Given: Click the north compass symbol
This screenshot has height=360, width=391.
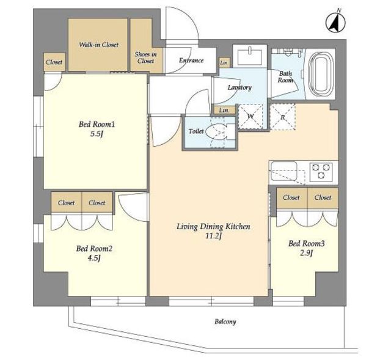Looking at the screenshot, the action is tap(335, 23).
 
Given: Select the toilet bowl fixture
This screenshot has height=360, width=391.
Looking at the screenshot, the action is tap(217, 131).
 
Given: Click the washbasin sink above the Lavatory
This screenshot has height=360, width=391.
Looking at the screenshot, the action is tap(250, 57).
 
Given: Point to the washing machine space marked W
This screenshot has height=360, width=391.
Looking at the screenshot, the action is tap(250, 117).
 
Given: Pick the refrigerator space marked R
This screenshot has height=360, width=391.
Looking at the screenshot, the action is tap(282, 117).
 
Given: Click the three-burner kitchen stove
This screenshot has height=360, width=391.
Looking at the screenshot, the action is tap(321, 172).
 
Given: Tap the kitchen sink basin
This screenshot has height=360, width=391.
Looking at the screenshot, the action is tap(284, 171).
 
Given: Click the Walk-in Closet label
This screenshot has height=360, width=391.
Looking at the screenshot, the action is tap(98, 45).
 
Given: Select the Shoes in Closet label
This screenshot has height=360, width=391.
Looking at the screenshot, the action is tap(145, 57).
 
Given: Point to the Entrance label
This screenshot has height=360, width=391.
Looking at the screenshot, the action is tap(191, 61).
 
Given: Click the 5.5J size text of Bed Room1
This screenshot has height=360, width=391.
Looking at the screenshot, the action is tap(97, 134).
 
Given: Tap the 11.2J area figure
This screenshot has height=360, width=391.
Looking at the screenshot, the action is tap(213, 237).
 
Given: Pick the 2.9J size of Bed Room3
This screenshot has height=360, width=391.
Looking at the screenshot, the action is tap(306, 253).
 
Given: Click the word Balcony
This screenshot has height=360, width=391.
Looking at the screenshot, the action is tap(225, 321).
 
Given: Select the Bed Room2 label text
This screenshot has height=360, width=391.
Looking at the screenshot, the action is tap(94, 249).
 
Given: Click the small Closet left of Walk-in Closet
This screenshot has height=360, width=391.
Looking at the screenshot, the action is tap(54, 62).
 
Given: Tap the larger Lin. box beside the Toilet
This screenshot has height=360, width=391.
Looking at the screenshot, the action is tap(224, 110).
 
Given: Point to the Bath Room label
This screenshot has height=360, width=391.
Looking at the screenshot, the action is tap(285, 77).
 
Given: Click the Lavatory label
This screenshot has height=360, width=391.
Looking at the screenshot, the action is tap(239, 87).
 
